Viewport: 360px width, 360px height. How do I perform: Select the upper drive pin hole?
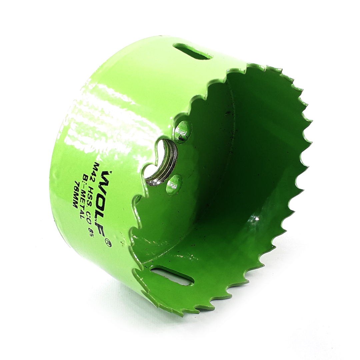pos(183,132)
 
